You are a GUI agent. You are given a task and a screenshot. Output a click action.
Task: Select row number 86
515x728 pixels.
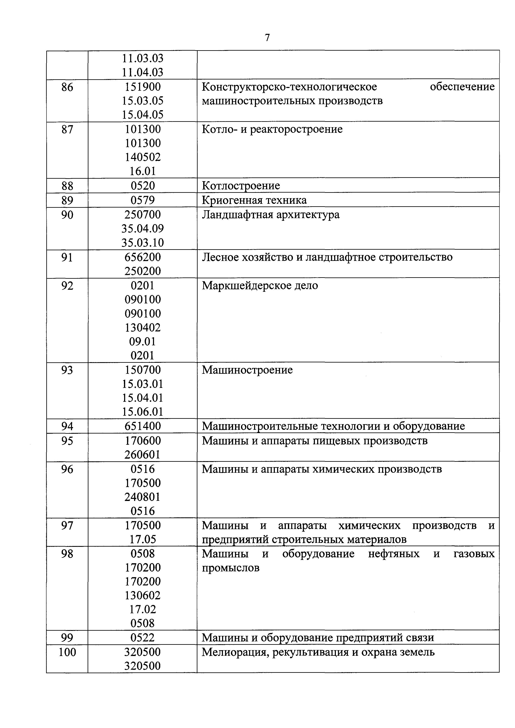point(67,87)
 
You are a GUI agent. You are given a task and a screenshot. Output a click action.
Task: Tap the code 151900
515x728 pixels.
point(143,87)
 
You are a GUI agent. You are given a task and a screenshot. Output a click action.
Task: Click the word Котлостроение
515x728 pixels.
point(241,186)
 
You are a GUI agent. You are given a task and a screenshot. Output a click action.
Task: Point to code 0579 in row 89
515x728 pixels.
point(143,200)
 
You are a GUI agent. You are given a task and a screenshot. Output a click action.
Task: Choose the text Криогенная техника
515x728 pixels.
point(254,200)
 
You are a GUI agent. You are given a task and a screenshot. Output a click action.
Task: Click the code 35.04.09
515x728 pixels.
point(143,229)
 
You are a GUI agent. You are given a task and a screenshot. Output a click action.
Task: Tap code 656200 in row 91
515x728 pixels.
point(143,257)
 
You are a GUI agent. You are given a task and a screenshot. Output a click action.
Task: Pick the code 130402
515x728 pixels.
point(143,327)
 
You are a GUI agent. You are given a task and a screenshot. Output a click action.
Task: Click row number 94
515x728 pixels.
point(67,426)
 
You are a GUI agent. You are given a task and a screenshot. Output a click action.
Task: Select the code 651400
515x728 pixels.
point(143,426)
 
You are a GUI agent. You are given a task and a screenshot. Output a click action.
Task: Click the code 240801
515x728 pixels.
point(143,497)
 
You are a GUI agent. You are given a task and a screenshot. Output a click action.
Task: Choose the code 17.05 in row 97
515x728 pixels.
point(143,539)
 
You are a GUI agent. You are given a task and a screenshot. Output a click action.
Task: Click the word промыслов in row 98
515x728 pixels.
point(231,568)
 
